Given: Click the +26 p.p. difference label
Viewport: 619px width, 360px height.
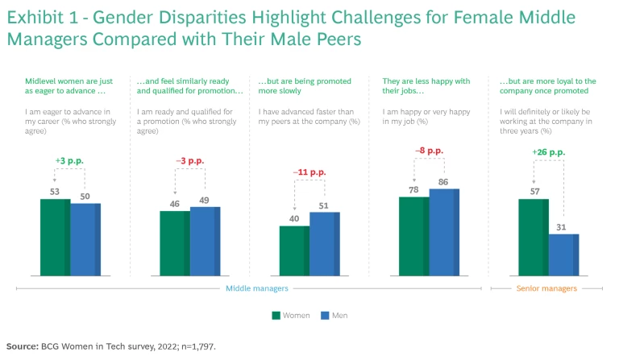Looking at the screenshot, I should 548,152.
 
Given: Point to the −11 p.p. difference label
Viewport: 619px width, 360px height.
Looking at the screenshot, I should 309,172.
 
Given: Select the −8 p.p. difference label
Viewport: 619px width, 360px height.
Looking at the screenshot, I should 429,151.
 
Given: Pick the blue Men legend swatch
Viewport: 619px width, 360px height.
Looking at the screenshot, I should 326,315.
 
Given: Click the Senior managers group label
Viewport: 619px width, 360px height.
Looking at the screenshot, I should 546,288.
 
